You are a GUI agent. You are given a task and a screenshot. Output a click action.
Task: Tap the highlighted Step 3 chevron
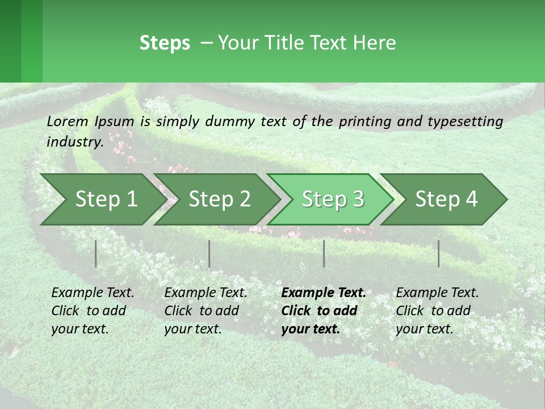333,199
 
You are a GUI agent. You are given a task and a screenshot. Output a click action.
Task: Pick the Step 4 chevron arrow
446,199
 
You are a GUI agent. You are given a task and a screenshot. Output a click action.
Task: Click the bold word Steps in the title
165,43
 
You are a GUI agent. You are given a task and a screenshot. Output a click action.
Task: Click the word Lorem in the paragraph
68,121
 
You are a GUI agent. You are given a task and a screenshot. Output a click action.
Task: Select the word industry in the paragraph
74,141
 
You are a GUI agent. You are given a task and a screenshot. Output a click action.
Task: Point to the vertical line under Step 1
96,253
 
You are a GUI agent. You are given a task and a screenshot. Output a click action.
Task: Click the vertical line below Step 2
209,253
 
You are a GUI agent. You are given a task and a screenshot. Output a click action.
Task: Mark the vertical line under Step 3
324,253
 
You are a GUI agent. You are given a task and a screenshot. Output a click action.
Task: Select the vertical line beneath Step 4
439,253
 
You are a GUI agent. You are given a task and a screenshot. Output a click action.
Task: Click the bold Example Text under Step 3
324,311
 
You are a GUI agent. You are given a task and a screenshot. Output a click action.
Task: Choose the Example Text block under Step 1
93,311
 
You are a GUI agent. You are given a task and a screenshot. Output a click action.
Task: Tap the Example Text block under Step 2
206,311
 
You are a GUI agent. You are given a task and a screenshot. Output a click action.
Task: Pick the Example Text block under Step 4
437,311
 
